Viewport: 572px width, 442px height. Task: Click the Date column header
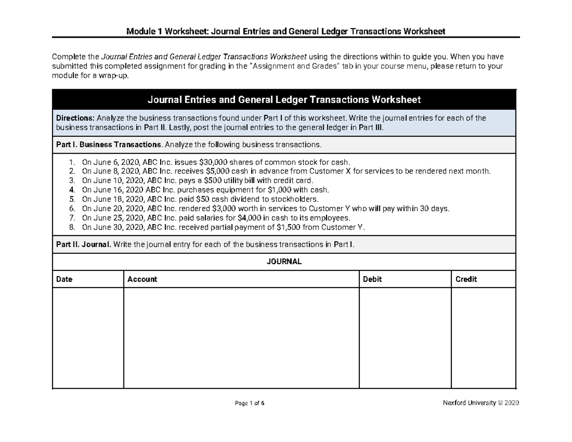coord(64,279)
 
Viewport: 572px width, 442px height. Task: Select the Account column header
coord(142,279)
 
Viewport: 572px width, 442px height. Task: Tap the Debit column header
coord(372,279)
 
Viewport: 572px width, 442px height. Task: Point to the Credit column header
coord(466,279)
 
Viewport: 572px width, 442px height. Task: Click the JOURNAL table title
coord(284,262)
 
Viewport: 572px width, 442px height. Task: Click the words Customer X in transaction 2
coord(329,171)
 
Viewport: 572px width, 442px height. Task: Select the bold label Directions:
coord(75,118)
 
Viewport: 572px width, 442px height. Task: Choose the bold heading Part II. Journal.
coord(84,245)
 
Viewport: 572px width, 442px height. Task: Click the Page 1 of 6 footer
coord(249,403)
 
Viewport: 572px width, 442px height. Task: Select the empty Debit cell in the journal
coord(404,338)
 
